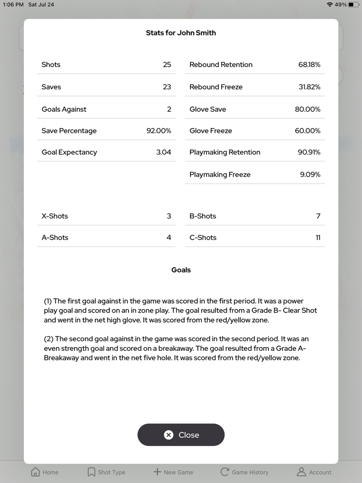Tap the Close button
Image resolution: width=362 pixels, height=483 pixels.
point(181,435)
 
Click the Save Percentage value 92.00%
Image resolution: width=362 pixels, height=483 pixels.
point(159,131)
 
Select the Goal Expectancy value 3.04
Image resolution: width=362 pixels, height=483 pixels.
point(164,152)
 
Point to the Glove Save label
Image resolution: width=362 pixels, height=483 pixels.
point(207,109)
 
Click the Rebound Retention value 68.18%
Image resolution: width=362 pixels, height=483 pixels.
point(309,65)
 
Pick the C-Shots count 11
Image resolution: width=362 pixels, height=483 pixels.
point(318,237)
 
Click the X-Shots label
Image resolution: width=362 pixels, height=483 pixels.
point(55,216)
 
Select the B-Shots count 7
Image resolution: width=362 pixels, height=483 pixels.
point(318,216)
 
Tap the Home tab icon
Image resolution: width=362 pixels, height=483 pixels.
point(36,472)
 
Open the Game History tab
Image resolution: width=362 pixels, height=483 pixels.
point(244,472)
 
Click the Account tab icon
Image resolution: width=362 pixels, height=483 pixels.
point(301,472)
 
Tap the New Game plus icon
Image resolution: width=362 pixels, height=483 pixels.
point(157,472)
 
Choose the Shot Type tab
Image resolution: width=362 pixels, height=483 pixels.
point(106,472)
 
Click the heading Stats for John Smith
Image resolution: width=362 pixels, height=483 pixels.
point(181,33)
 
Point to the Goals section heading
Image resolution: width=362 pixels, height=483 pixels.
point(181,270)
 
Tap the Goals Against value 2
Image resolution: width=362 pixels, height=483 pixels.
point(169,109)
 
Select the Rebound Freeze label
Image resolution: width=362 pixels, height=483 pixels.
point(216,87)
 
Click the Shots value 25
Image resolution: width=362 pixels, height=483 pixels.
point(167,65)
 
